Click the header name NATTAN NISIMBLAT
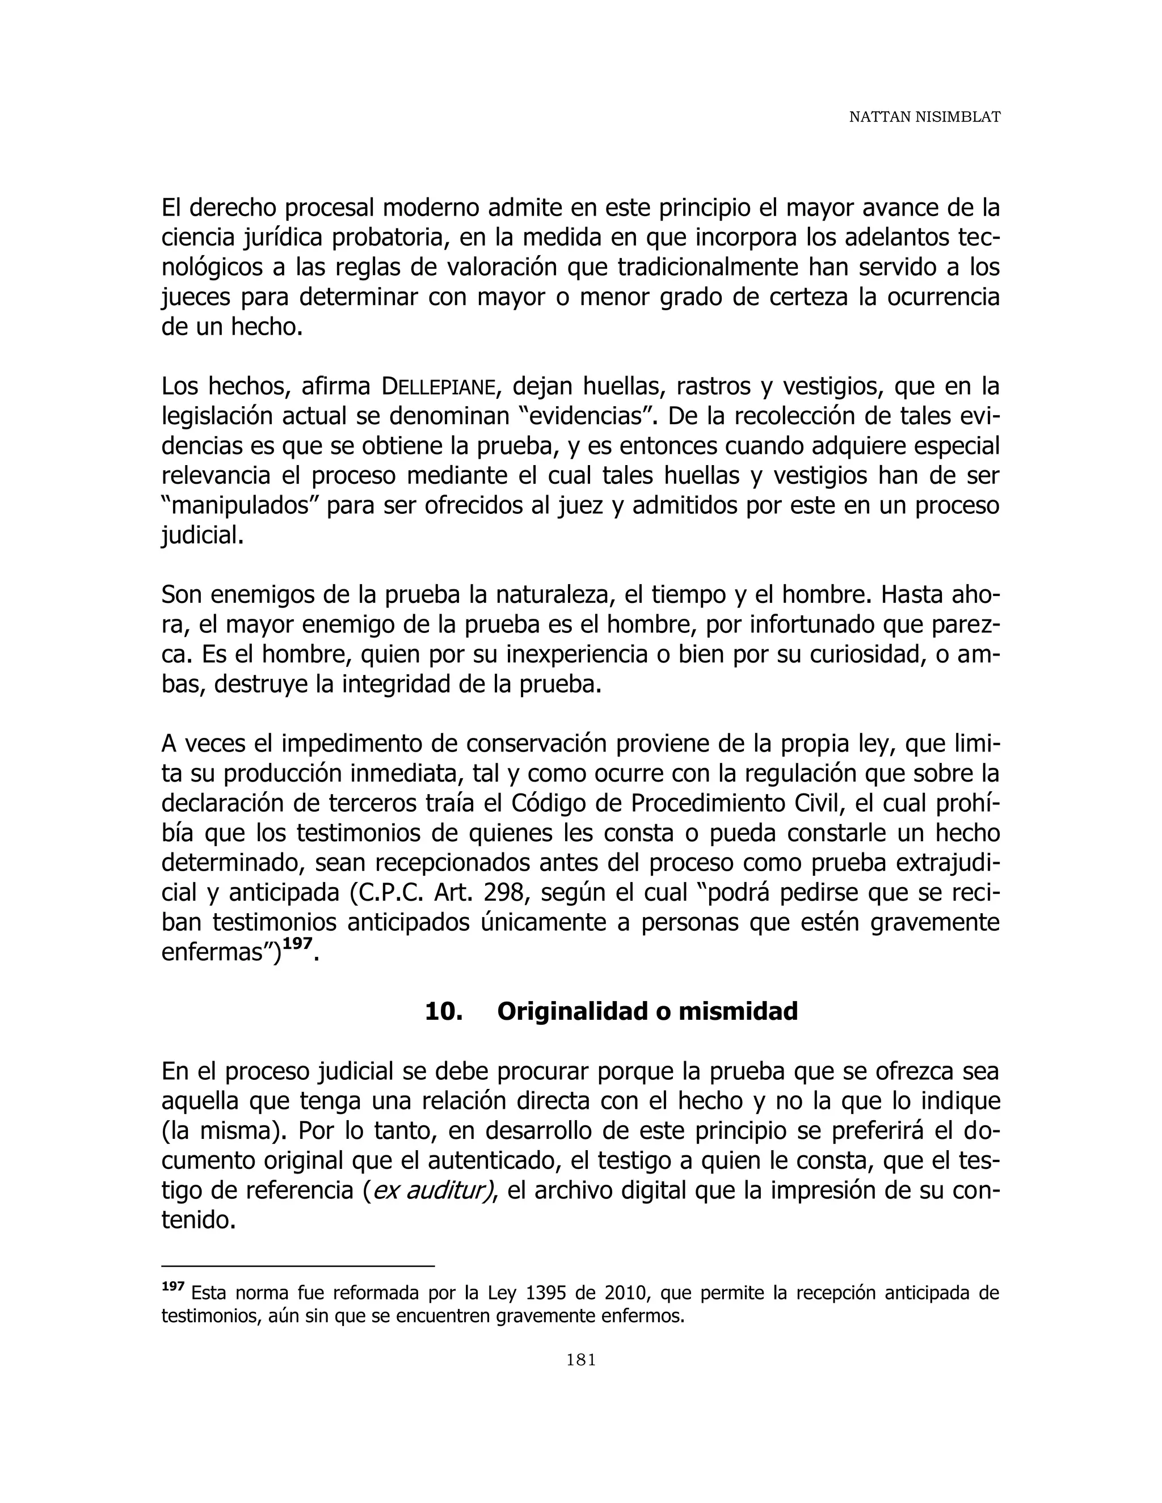coord(924,117)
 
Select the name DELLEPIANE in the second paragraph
coord(438,387)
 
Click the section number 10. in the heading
coord(443,1011)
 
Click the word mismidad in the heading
coord(738,1011)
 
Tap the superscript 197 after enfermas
coord(297,944)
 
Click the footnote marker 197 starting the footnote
coord(173,1286)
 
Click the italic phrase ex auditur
coord(427,1191)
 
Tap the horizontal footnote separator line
coord(297,1265)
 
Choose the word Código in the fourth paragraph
coord(551,804)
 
